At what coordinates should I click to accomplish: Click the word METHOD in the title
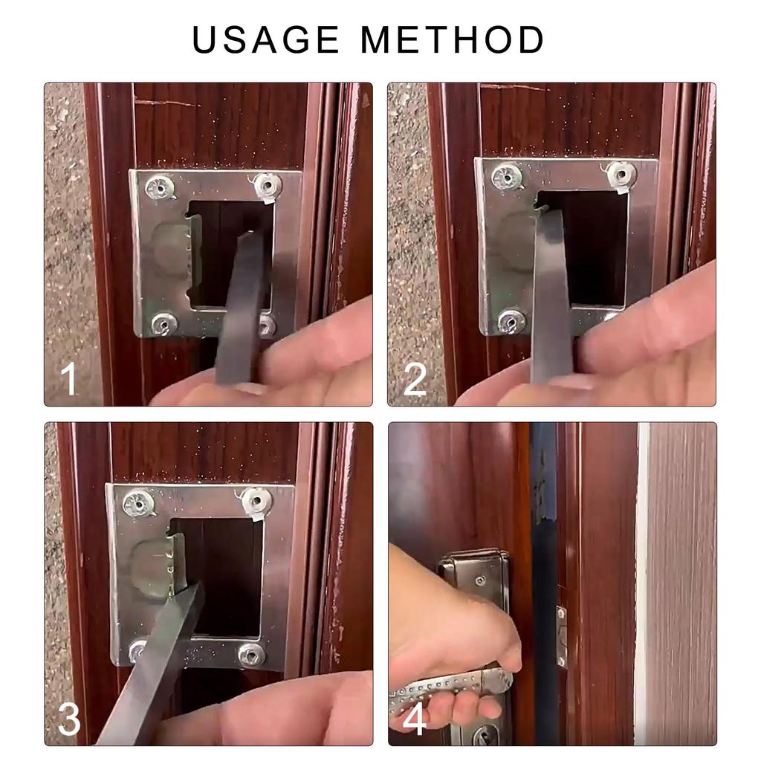[453, 40]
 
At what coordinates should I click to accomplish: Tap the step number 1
[68, 379]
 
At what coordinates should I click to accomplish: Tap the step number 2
[415, 379]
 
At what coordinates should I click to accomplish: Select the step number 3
[68, 719]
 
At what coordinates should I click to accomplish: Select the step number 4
[415, 719]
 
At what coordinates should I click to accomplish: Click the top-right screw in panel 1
[268, 184]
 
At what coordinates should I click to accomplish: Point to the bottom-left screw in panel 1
[163, 323]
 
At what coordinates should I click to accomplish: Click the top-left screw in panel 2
[507, 175]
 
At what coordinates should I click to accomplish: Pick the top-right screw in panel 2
[621, 174]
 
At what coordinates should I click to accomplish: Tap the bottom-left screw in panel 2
[511, 320]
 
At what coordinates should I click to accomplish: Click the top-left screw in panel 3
[139, 503]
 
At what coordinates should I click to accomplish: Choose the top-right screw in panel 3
[256, 501]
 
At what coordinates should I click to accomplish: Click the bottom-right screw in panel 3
[251, 655]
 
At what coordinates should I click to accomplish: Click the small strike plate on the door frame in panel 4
[561, 635]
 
